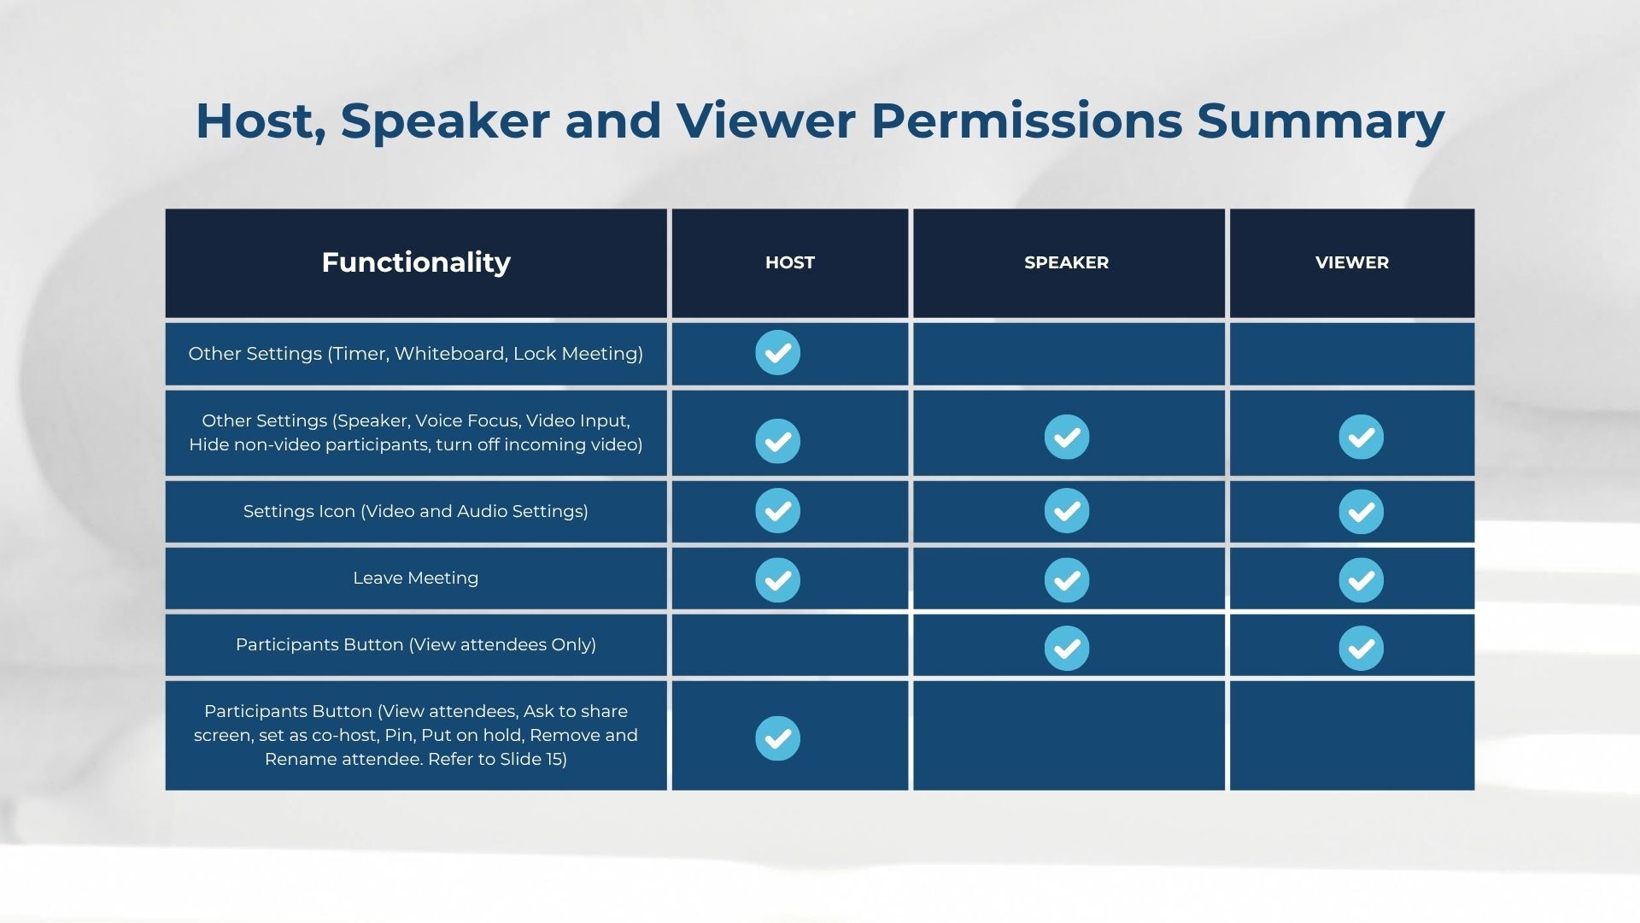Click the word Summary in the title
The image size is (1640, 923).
1321,121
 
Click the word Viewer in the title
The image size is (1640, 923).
766,121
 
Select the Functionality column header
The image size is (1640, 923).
416,262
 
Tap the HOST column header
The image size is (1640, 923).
790,262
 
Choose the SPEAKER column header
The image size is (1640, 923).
1067,262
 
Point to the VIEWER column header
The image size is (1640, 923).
1352,262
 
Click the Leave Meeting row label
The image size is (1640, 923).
416,578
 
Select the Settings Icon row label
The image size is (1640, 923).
416,511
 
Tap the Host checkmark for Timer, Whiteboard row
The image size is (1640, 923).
777,352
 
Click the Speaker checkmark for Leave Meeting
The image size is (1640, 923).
1067,580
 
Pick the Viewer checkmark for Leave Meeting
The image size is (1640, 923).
1361,580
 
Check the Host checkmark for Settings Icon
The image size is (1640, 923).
777,510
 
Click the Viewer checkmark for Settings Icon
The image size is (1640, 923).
1361,511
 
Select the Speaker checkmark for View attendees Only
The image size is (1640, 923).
1067,648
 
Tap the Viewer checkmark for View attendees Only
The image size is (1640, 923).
1361,648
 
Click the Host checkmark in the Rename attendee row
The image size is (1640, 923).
777,738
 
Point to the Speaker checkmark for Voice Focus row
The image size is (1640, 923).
1067,437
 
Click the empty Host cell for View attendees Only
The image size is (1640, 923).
790,645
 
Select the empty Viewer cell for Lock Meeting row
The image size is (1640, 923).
1352,354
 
